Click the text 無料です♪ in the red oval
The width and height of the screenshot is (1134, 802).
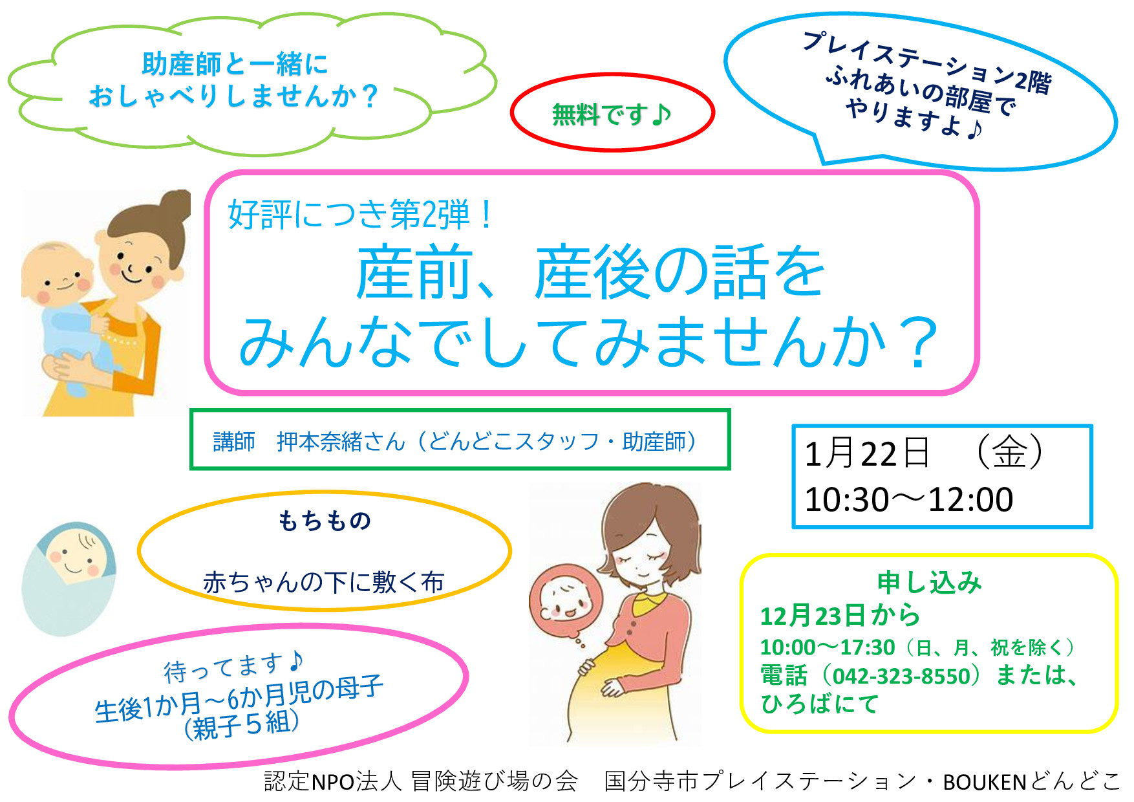[612, 115]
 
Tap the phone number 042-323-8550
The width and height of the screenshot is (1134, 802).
[901, 676]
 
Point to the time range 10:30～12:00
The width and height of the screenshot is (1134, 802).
[909, 499]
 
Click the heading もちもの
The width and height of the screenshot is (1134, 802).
[325, 521]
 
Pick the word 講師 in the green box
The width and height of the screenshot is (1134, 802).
[234, 442]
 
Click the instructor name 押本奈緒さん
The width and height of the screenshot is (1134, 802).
[341, 442]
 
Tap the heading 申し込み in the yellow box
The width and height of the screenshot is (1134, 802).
[929, 583]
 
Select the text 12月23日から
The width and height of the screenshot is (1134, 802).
[840, 616]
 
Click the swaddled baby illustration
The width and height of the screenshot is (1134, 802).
[69, 578]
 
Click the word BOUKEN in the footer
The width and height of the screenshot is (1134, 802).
[985, 782]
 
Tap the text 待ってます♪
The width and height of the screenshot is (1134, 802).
[233, 667]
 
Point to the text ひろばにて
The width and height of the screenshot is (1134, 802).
[820, 704]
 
